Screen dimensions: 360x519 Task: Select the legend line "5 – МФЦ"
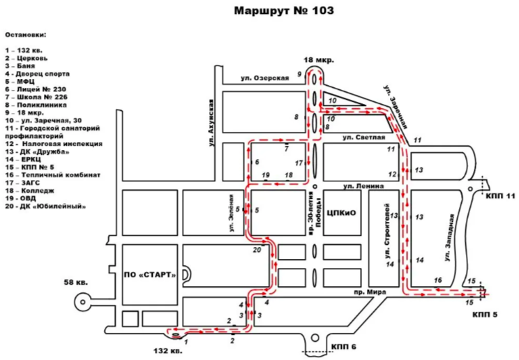20,81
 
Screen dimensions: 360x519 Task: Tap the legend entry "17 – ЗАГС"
22,183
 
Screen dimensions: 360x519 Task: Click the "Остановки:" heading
26,33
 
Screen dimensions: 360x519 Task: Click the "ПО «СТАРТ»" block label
149,273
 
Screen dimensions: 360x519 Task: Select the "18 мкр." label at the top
320,61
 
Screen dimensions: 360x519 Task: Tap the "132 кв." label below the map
167,350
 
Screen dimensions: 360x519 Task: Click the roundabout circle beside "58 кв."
83,301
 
